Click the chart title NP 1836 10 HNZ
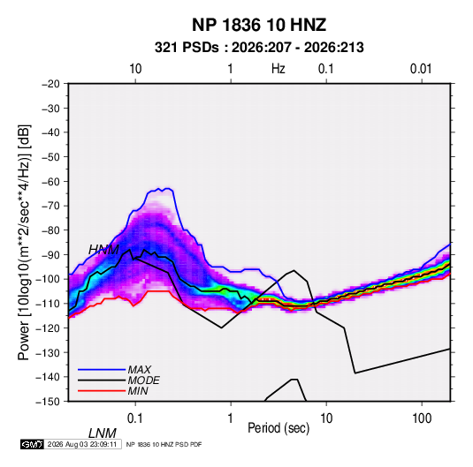[259, 25]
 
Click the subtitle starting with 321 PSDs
[259, 48]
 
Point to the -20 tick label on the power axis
[50, 84]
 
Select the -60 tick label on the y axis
[50, 181]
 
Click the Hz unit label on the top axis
[278, 69]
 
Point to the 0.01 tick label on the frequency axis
[421, 69]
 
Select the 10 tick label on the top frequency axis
[135, 69]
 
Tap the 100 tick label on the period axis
[422, 418]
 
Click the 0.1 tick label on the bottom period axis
[135, 418]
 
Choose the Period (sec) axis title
[278, 428]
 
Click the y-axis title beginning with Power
[24, 242]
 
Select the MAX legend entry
[139, 370]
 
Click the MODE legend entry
[143, 380]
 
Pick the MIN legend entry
[138, 391]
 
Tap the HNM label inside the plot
[103, 250]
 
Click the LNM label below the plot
[103, 433]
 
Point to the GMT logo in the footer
[32, 444]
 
